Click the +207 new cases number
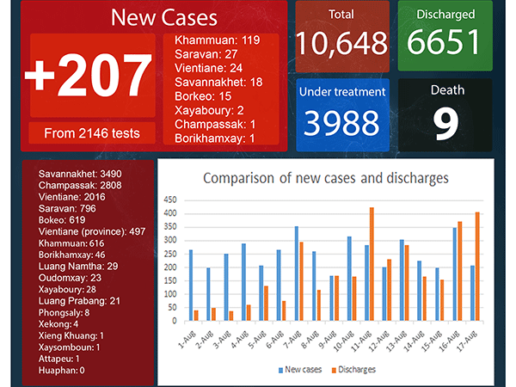point(89,76)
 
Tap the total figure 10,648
point(342,43)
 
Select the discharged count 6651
point(444,41)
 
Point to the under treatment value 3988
point(341,123)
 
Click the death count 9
point(445,123)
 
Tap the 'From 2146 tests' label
point(92,133)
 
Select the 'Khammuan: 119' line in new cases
point(218,40)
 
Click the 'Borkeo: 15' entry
point(203,96)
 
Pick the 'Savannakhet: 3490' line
point(80,174)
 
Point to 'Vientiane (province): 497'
point(92,231)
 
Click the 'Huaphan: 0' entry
point(62,371)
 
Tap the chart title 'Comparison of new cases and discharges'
point(326,178)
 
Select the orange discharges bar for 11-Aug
point(372,264)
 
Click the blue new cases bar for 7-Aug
point(297,273)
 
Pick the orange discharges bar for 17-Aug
point(477,267)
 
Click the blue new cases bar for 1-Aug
point(191,286)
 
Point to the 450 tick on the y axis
point(170,200)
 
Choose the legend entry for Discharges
point(353,370)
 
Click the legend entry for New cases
point(300,370)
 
